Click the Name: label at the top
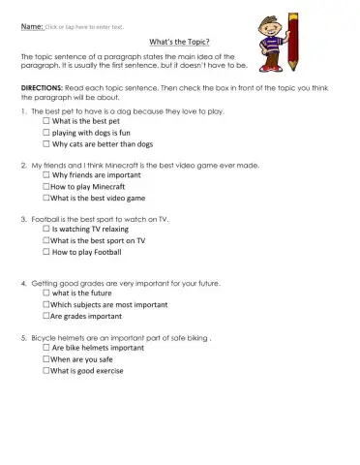point(32,27)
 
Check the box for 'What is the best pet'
point(45,122)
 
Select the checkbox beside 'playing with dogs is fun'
point(45,133)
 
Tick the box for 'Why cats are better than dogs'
point(45,144)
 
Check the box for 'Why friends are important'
point(45,175)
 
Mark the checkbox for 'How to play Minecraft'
point(45,186)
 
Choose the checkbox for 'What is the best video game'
point(45,197)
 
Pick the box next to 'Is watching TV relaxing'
point(45,230)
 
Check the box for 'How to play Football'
point(45,252)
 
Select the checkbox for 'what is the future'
point(45,294)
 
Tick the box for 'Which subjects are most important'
point(45,305)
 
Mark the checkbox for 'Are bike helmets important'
point(45,348)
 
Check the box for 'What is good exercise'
point(45,370)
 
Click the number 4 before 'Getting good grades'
point(23,283)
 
